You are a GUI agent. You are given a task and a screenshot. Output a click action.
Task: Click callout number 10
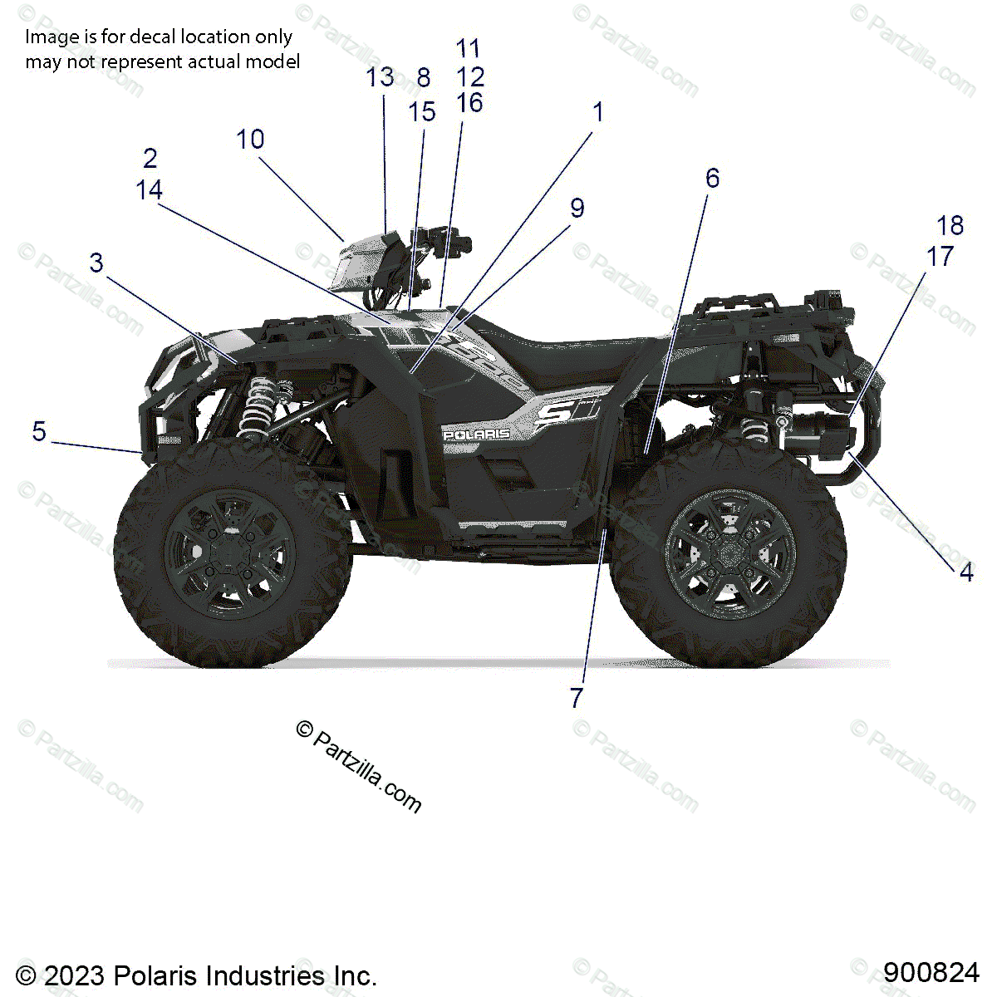point(250,140)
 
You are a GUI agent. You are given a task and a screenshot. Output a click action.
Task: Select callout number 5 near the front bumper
point(39,432)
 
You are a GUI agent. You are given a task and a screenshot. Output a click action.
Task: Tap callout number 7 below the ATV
point(577,698)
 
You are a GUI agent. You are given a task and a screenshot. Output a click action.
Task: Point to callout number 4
point(965,572)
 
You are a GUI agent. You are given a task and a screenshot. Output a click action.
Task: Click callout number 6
point(712,178)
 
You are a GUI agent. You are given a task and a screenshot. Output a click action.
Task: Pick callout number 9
point(577,209)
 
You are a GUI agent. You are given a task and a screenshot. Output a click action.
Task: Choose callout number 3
point(96,263)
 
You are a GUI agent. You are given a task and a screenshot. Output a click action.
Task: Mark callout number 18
point(950,226)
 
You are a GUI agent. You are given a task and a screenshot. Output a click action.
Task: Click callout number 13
point(380,77)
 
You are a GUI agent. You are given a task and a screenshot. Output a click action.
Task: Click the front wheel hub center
point(229,554)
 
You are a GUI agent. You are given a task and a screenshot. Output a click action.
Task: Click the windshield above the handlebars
point(357,262)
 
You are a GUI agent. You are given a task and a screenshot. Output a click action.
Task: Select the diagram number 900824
point(931,972)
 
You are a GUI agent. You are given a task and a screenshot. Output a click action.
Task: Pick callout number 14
point(150,190)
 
